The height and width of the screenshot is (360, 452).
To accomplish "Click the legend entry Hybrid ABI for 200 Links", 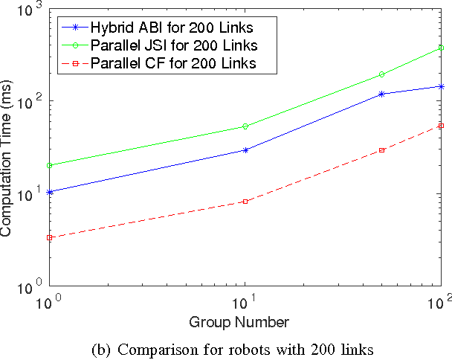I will [173, 28].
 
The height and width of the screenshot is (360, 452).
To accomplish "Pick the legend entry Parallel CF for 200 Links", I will [173, 63].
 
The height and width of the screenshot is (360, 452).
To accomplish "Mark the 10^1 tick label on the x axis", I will [244, 303].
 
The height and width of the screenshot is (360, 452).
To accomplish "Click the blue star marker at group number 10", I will [245, 150].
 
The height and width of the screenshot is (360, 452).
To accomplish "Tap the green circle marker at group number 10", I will [245, 126].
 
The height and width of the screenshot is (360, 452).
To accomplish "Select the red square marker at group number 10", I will [245, 202].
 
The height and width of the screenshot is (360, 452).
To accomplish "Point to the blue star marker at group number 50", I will [382, 94].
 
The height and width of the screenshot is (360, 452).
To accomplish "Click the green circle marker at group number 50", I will [382, 74].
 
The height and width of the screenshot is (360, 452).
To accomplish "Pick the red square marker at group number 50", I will [382, 150].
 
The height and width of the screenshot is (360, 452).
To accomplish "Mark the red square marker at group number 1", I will [49, 238].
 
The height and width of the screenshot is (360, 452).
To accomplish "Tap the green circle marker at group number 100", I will [442, 48].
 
